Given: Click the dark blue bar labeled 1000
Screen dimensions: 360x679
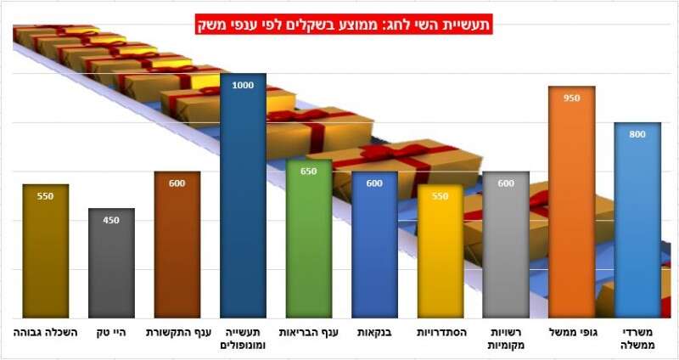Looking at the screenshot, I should [x=243, y=200].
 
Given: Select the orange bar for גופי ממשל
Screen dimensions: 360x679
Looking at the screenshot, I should [x=571, y=204].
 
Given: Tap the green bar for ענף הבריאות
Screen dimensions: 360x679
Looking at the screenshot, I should [x=309, y=242].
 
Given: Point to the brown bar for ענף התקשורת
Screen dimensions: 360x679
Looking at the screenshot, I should [x=177, y=246].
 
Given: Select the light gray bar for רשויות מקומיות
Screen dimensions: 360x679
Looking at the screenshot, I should [x=506, y=246].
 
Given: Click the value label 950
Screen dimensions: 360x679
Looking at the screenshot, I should [x=571, y=98].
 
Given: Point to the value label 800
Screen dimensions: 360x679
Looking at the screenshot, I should [x=637, y=134].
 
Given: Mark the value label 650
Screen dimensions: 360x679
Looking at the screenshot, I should [x=309, y=171].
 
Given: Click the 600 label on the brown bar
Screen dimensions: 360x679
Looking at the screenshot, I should [x=177, y=183].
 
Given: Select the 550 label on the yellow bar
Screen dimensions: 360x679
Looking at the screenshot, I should [x=440, y=196].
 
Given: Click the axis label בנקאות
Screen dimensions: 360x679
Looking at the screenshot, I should [x=374, y=333].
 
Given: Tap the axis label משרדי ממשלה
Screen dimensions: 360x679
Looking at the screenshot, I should [x=637, y=339].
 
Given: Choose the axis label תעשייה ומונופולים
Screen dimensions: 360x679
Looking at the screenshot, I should [x=243, y=339].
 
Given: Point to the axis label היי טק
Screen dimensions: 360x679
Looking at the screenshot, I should [x=111, y=333].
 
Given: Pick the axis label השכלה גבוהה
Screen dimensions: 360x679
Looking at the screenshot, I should [x=46, y=333].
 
